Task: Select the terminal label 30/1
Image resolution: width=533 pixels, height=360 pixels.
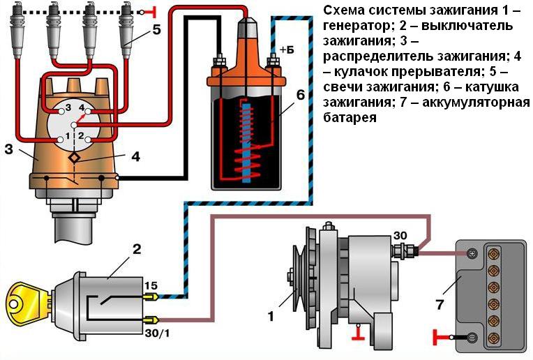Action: (158, 333)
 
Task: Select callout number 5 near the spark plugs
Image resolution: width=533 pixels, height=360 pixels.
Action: (157, 30)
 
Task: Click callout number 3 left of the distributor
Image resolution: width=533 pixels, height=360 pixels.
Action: (8, 149)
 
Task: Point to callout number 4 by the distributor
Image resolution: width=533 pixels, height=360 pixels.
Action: (136, 157)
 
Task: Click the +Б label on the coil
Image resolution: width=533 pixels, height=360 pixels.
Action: (287, 50)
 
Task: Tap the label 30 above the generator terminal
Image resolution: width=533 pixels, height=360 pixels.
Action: (400, 234)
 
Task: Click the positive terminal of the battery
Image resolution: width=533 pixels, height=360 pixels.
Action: (472, 254)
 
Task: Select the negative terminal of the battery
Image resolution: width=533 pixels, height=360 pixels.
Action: (472, 338)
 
